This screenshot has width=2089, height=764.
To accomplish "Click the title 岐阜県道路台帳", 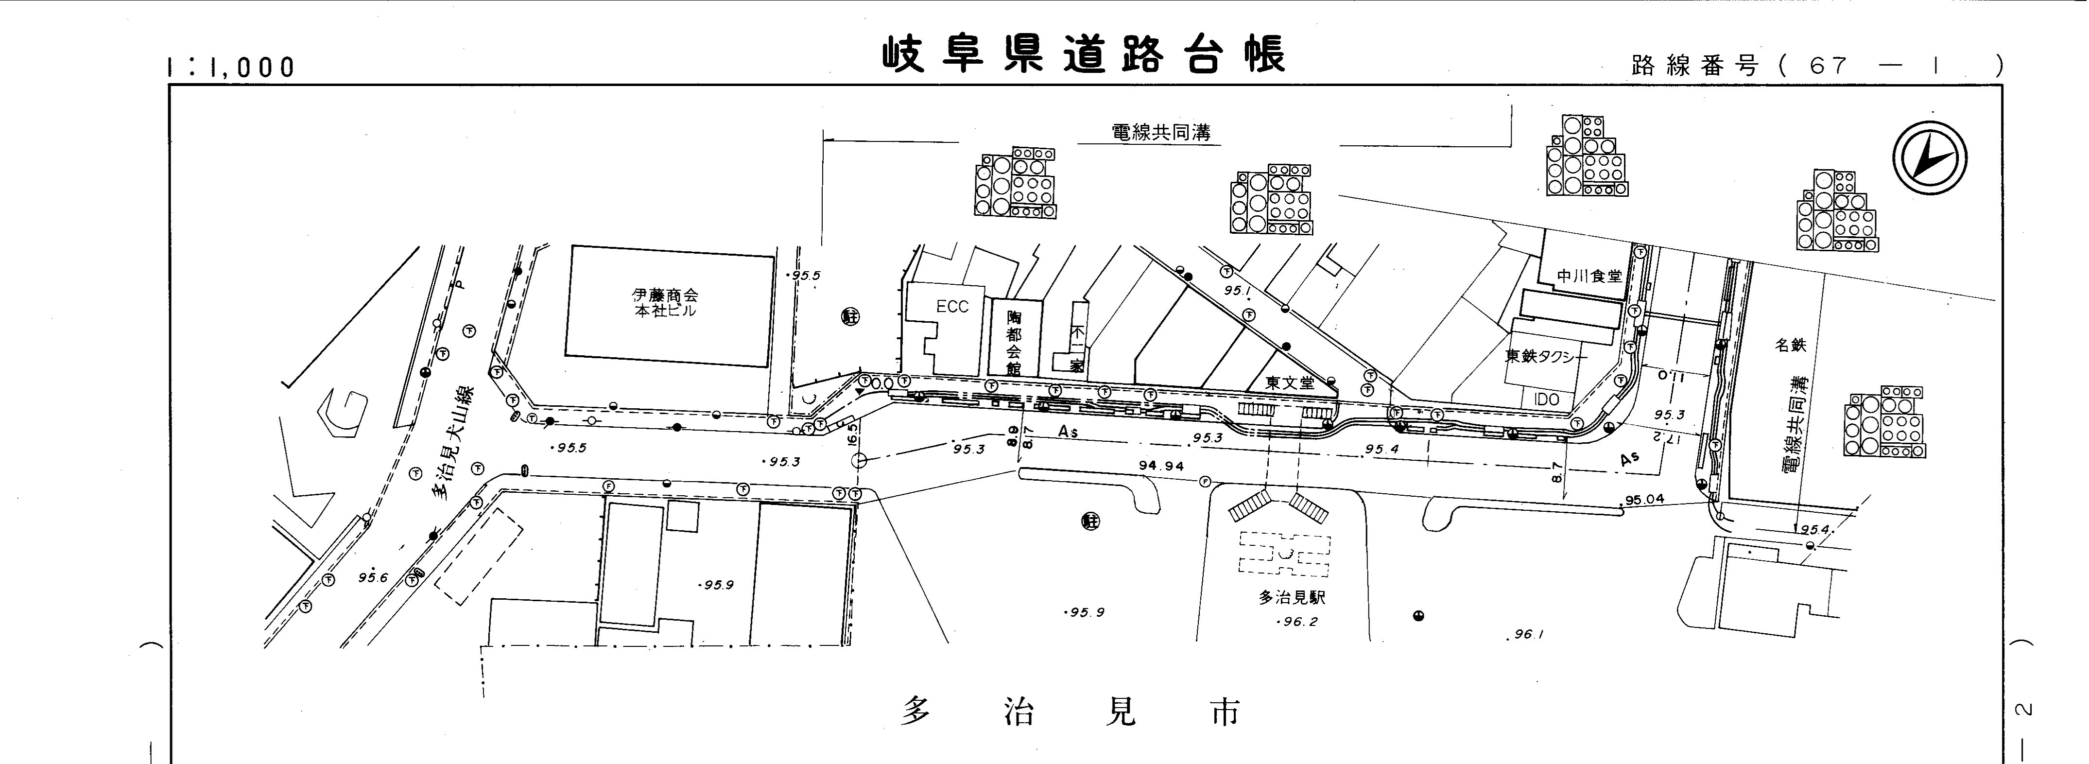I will (x=1084, y=55).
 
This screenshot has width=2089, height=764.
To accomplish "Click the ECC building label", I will (x=952, y=307).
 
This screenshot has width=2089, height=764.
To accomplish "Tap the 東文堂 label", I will (x=1289, y=383).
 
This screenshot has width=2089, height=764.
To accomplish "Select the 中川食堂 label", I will (x=1588, y=276).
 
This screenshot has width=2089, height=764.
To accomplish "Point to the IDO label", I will (x=1547, y=400).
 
